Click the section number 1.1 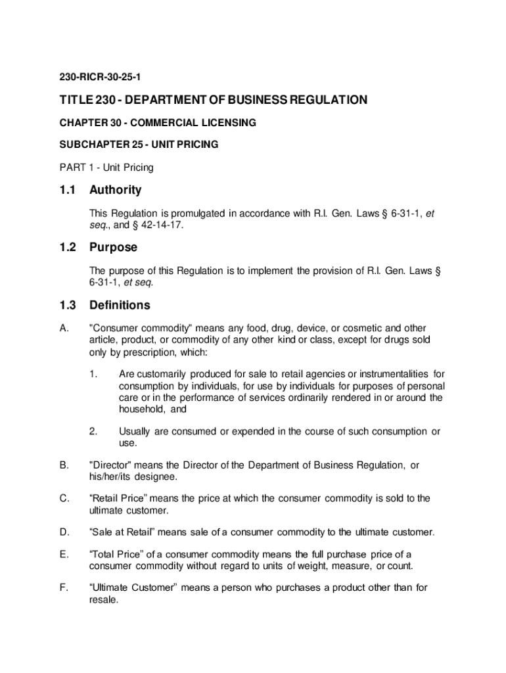[68, 190]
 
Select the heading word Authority [116, 190]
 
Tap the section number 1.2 [68, 247]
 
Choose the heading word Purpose [114, 247]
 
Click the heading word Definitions [120, 305]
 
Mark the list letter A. [64, 328]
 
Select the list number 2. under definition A [93, 432]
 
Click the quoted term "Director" [111, 465]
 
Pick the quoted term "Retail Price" [118, 498]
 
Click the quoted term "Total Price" [116, 555]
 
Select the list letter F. [64, 588]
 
